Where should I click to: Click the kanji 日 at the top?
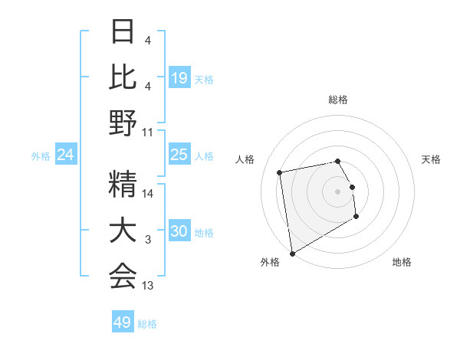pos(123,33)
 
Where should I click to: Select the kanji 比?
pos(123,77)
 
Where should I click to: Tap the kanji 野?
pos(123,123)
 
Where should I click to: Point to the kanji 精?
pos(123,184)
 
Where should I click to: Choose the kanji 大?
pos(123,231)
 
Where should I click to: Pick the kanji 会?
pos(123,276)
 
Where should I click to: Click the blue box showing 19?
pos(179,77)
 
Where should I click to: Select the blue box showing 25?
pos(179,155)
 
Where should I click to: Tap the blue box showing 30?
pos(179,231)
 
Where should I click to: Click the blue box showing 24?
pos(66,155)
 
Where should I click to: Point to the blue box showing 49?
pos(123,322)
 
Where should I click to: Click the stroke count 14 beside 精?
pos(148,194)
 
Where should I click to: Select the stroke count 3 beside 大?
pos(148,241)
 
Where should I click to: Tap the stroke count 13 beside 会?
pos(148,286)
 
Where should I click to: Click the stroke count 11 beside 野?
pos(148,133)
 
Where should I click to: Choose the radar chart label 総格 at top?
pos(337,100)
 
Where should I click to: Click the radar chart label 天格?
pos(431,159)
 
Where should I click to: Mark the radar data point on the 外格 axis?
pos(292,253)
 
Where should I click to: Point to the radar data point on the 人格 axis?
pos(280,172)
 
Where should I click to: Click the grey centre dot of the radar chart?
pos(337,191)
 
